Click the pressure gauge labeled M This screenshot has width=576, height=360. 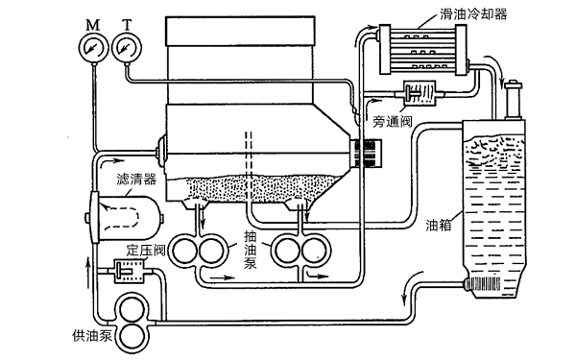(x=92, y=46)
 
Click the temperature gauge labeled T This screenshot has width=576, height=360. (x=124, y=46)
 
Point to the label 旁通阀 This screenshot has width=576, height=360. (x=396, y=122)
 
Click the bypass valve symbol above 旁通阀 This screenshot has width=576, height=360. (x=415, y=96)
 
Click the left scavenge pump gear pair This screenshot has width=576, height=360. (x=200, y=252)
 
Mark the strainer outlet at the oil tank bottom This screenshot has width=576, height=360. (x=481, y=284)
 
